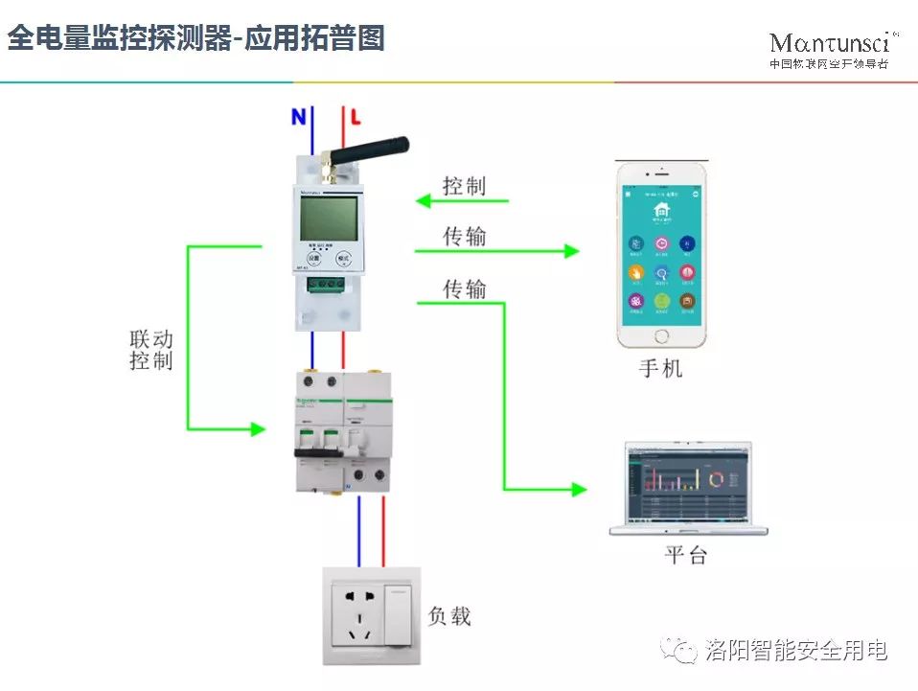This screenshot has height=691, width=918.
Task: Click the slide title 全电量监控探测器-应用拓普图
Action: click(195, 38)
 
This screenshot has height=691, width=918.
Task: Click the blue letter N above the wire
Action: click(299, 117)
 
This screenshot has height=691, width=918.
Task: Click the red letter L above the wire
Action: click(355, 118)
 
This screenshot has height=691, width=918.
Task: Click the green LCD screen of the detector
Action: click(329, 219)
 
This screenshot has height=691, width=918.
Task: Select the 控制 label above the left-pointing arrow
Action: click(464, 186)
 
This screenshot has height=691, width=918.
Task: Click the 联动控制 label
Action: click(150, 350)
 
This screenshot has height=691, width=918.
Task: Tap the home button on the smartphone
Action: click(661, 335)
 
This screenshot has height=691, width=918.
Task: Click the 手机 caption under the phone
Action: click(661, 368)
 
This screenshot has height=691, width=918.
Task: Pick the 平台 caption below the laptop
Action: click(686, 555)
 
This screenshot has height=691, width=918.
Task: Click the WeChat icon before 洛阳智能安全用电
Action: click(682, 651)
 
